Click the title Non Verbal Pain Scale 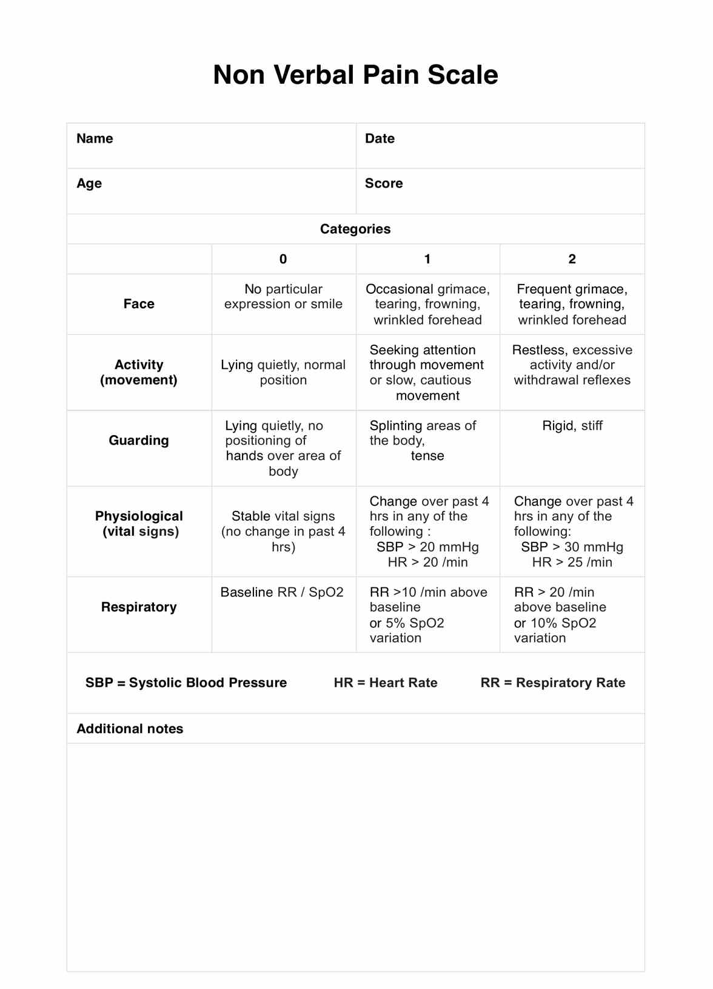coord(355,75)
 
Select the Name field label coord(95,139)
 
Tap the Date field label coord(380,139)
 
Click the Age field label coord(89,184)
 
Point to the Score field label coord(384,184)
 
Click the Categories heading coord(355,229)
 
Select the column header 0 coord(283,260)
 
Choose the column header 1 coord(427,260)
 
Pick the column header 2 coord(572,260)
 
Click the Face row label coord(139,304)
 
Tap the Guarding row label coord(139,440)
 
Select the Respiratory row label coord(139,607)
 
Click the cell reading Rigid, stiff coord(572,426)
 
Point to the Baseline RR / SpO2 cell coord(282,592)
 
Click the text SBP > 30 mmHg coord(572,547)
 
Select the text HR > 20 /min coord(427,562)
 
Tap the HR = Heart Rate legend coord(386,683)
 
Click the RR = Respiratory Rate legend coord(553,683)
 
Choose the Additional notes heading coord(130,729)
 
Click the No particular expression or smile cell coord(283,297)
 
